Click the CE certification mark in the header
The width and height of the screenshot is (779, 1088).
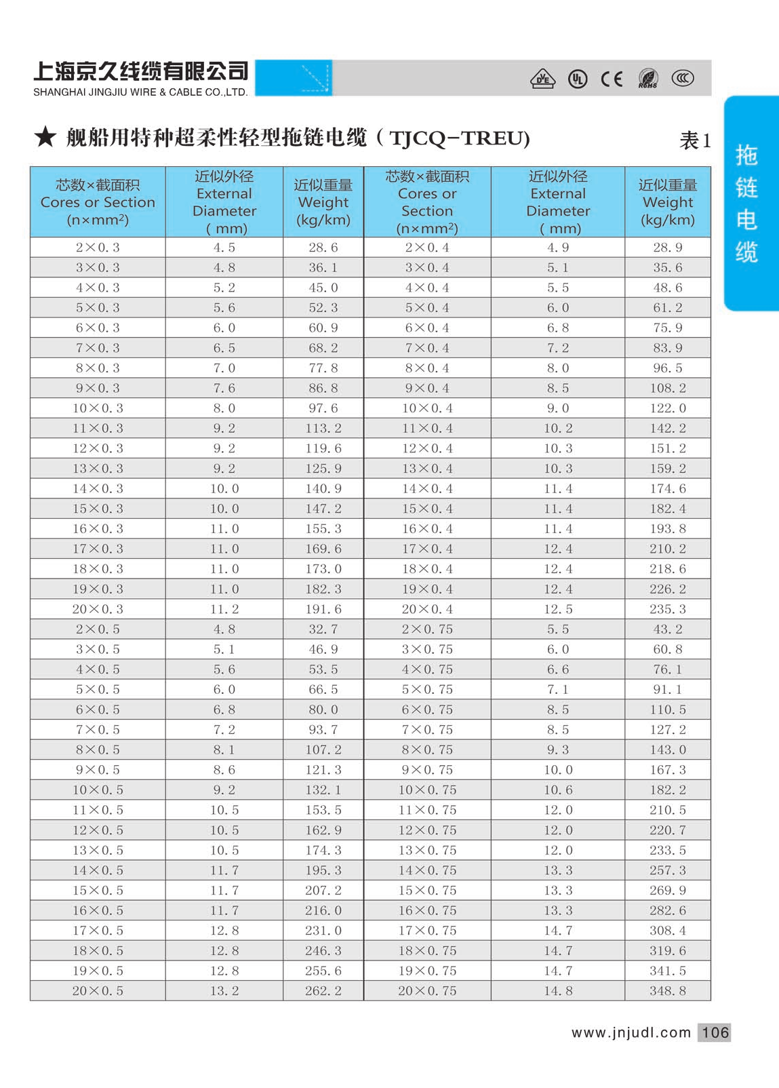click(612, 79)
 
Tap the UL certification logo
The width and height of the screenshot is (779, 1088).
click(578, 79)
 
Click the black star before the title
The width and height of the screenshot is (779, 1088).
click(45, 137)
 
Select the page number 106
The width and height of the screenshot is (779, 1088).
click(715, 1032)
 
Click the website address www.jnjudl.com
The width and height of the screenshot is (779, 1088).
click(631, 1032)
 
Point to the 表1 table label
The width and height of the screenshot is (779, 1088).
click(695, 140)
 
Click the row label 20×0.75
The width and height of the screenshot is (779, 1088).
click(427, 991)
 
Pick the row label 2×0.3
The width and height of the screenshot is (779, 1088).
click(98, 248)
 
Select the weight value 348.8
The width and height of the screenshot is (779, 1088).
click(668, 991)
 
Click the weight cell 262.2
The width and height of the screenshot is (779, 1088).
click(323, 991)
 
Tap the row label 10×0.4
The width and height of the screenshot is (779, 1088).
click(427, 408)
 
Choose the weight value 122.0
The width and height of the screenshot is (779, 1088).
click(668, 408)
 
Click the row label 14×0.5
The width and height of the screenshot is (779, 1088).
click(98, 870)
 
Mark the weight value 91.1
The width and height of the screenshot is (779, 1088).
click(668, 689)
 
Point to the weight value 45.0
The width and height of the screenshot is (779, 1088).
click(323, 288)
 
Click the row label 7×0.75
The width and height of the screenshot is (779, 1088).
click(427, 730)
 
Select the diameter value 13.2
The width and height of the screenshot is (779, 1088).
click(224, 991)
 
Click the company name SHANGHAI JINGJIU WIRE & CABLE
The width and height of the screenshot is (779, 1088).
click(140, 92)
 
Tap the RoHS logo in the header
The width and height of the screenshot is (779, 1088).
click(648, 79)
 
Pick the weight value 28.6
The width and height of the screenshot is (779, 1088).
click(323, 248)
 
